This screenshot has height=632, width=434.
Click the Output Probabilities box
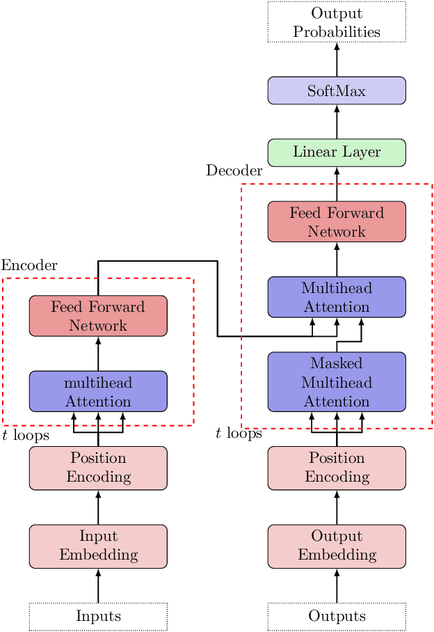337,22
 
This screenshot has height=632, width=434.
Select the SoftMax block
337,90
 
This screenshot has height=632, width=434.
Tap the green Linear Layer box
337,152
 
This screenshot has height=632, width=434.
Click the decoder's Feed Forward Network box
337,221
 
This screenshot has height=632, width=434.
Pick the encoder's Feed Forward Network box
98,315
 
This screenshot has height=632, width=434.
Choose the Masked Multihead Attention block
337,381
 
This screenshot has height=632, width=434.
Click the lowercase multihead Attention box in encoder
98,391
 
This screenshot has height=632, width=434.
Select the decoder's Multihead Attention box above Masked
337,297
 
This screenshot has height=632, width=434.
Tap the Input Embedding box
98,546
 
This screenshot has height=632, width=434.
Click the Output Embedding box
337,546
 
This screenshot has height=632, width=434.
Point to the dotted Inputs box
98,616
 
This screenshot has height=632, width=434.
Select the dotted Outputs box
337,616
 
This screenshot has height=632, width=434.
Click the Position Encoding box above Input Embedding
98,468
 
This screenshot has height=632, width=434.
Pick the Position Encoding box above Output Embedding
337,468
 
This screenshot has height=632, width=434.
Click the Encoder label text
29,265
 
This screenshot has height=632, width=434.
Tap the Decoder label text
234,171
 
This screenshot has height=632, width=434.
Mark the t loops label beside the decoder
239,434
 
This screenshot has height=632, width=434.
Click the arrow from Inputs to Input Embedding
98,585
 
